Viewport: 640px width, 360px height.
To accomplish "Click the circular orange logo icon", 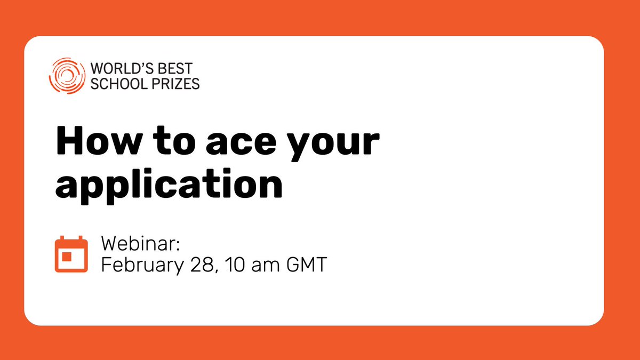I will [66, 75].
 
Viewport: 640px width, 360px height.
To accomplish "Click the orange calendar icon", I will [71, 254].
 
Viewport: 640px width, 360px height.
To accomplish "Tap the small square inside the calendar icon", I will [67, 257].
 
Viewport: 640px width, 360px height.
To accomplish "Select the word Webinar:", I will [141, 245].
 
